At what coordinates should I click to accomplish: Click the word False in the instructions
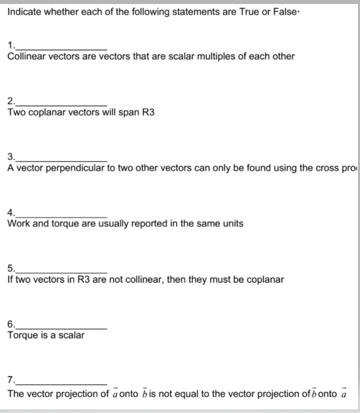coord(293,12)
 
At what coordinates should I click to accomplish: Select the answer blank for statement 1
coord(60,46)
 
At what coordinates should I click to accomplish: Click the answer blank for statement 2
coord(60,101)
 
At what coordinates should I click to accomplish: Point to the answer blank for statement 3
coord(60,157)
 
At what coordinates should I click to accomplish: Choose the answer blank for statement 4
coord(60,213)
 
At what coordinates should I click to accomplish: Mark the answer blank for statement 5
coord(60,269)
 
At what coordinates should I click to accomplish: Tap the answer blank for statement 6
coord(60,324)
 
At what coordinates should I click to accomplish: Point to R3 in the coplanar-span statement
coord(148,112)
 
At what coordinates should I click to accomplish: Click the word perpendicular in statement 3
coord(77,168)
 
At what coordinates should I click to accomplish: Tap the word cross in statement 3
coord(328,168)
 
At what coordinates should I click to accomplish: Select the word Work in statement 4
coord(18,224)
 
